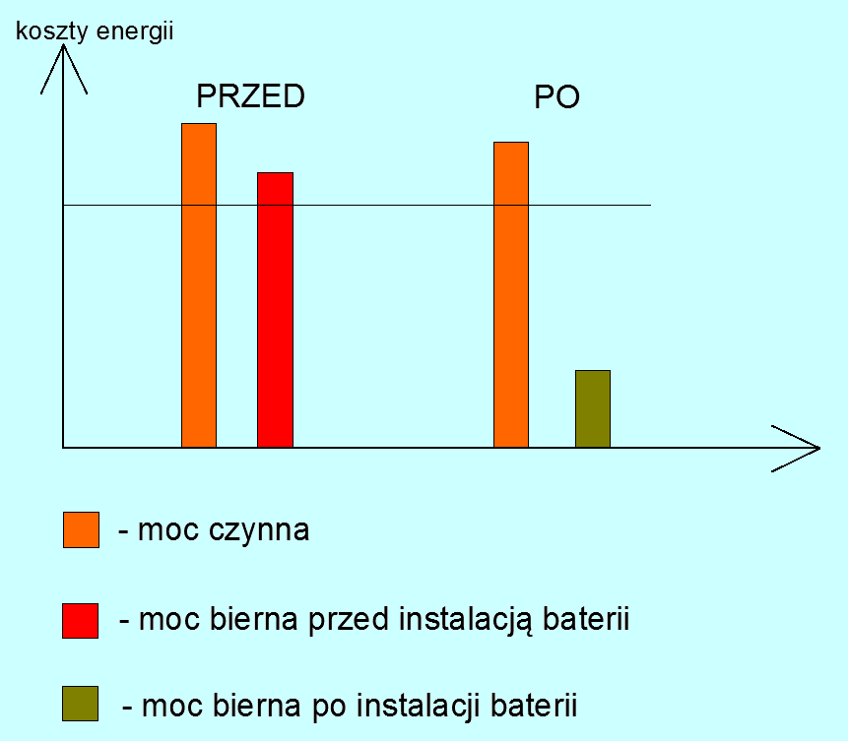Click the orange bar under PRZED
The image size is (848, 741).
[199, 285]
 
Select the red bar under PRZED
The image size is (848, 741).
[275, 310]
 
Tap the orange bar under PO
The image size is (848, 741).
[510, 295]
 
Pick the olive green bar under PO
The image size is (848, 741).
[593, 408]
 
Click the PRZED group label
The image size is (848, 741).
[250, 96]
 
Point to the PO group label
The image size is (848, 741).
[556, 97]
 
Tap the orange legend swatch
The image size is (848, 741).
[81, 529]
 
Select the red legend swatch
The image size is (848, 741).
[81, 620]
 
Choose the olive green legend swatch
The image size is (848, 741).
[81, 705]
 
